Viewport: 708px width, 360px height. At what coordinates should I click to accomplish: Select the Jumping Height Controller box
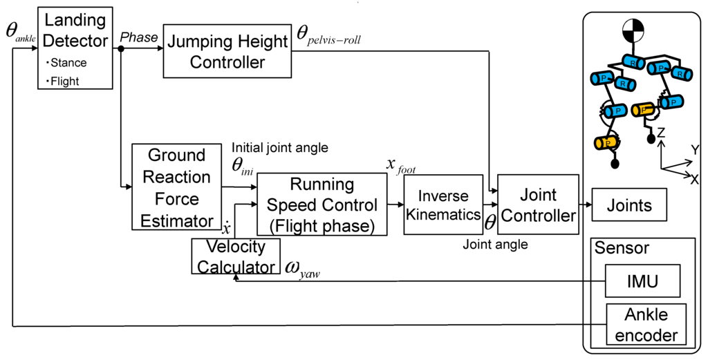tap(227, 53)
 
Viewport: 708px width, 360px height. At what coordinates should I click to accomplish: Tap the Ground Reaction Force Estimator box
tap(176, 187)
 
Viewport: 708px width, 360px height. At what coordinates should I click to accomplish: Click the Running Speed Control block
tap(322, 205)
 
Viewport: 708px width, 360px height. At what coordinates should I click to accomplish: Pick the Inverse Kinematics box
tap(443, 205)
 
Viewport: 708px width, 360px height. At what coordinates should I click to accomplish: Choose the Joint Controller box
tap(538, 205)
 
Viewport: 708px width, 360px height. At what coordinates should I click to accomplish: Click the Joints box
tap(628, 206)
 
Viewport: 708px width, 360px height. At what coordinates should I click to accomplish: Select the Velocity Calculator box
tap(237, 256)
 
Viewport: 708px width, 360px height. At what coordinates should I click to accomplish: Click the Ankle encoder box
tap(646, 325)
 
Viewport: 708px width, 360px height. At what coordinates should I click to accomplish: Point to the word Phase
tap(139, 38)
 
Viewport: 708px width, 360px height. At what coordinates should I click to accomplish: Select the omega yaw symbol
tap(302, 268)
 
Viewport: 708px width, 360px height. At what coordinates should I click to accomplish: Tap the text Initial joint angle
tap(279, 147)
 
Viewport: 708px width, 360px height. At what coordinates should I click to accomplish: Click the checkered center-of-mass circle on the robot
tap(633, 30)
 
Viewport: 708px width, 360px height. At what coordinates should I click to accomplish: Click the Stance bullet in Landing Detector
tap(68, 63)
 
